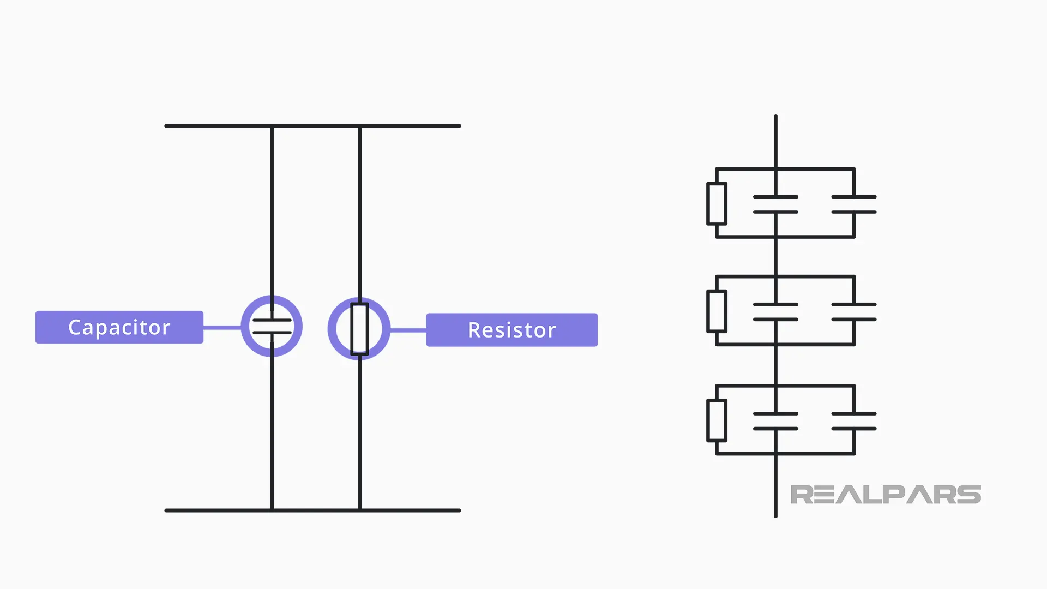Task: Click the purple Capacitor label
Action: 119,327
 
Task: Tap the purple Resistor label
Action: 512,330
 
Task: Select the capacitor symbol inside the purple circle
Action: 272,326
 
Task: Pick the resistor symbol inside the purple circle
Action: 359,329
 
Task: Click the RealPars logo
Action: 886,495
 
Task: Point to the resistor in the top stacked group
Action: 717,204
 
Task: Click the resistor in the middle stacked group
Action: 717,311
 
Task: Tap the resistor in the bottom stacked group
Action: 717,420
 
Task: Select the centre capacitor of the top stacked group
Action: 775,205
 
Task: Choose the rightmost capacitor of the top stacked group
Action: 854,205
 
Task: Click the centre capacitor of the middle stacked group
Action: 775,312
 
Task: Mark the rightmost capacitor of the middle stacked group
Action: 854,312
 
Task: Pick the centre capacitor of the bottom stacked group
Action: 775,421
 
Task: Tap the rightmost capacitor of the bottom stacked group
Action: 854,421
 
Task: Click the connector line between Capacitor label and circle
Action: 222,327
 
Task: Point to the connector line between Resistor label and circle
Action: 408,330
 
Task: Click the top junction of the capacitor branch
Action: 272,126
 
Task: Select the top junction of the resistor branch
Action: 360,126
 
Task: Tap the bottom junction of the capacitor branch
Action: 272,510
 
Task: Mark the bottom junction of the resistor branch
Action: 360,510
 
